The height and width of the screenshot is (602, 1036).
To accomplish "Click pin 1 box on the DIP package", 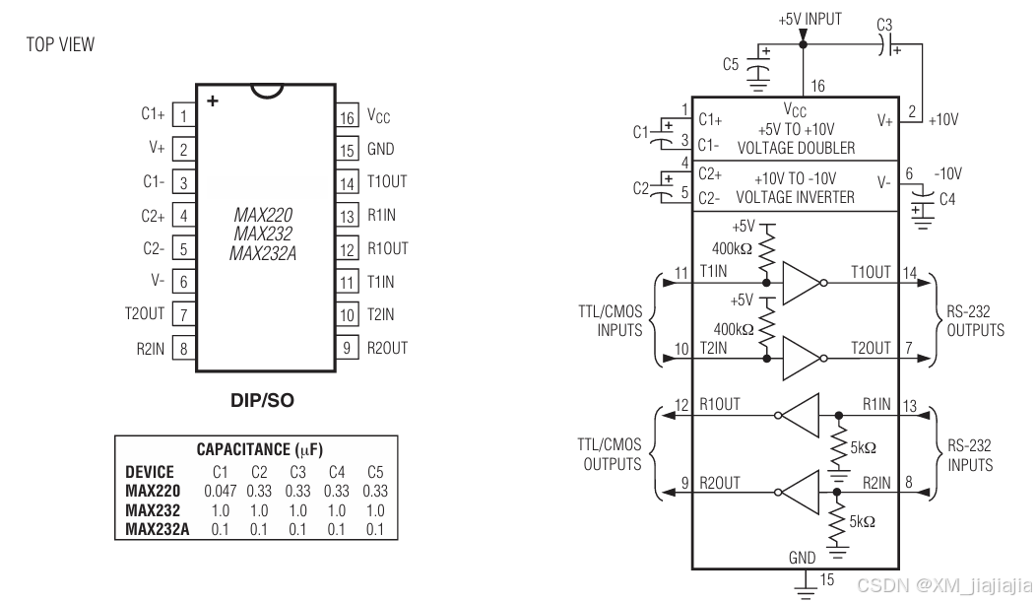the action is [x=184, y=115].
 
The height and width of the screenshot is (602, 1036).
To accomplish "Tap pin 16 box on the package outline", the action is [x=347, y=116].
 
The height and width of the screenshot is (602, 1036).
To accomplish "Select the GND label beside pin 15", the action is [x=380, y=150].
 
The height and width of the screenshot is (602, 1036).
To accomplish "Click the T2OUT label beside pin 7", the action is [x=145, y=313].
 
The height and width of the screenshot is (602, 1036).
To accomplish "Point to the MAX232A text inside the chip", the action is [x=263, y=254].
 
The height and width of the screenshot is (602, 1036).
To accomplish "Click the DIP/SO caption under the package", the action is [x=262, y=400].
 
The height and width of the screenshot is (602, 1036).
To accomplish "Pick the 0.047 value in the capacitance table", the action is [x=220, y=491].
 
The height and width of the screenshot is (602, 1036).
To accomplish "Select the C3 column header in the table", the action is [x=298, y=472].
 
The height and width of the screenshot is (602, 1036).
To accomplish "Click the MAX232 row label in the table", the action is [x=153, y=510].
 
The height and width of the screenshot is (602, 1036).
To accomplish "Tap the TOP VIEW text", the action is [x=60, y=45].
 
